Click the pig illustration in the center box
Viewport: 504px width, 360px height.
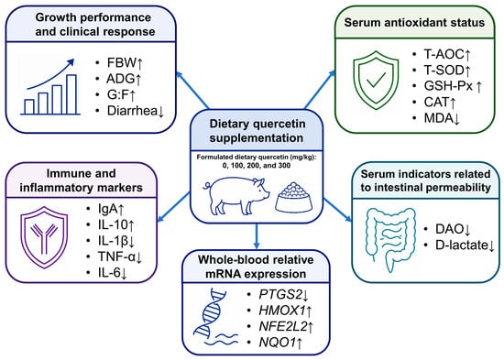pos(236,196)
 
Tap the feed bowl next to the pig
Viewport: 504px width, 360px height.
pos(293,197)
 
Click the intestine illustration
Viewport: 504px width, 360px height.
pos(390,239)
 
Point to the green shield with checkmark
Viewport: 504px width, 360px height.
pos(376,81)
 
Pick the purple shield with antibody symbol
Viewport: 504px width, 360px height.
pos(44,237)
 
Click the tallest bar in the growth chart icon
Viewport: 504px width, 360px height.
pos(71,94)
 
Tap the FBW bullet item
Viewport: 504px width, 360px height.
pos(125,63)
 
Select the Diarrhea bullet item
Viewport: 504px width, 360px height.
pos(136,111)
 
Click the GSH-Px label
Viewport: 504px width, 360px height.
pos(453,86)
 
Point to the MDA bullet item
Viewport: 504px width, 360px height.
pos(442,118)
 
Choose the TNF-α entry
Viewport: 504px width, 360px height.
pos(120,256)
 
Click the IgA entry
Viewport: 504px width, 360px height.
pos(111,209)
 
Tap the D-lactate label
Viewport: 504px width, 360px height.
pos(465,245)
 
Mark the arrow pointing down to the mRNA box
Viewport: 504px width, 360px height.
pos(257,236)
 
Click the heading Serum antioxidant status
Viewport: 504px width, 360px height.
pos(414,23)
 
